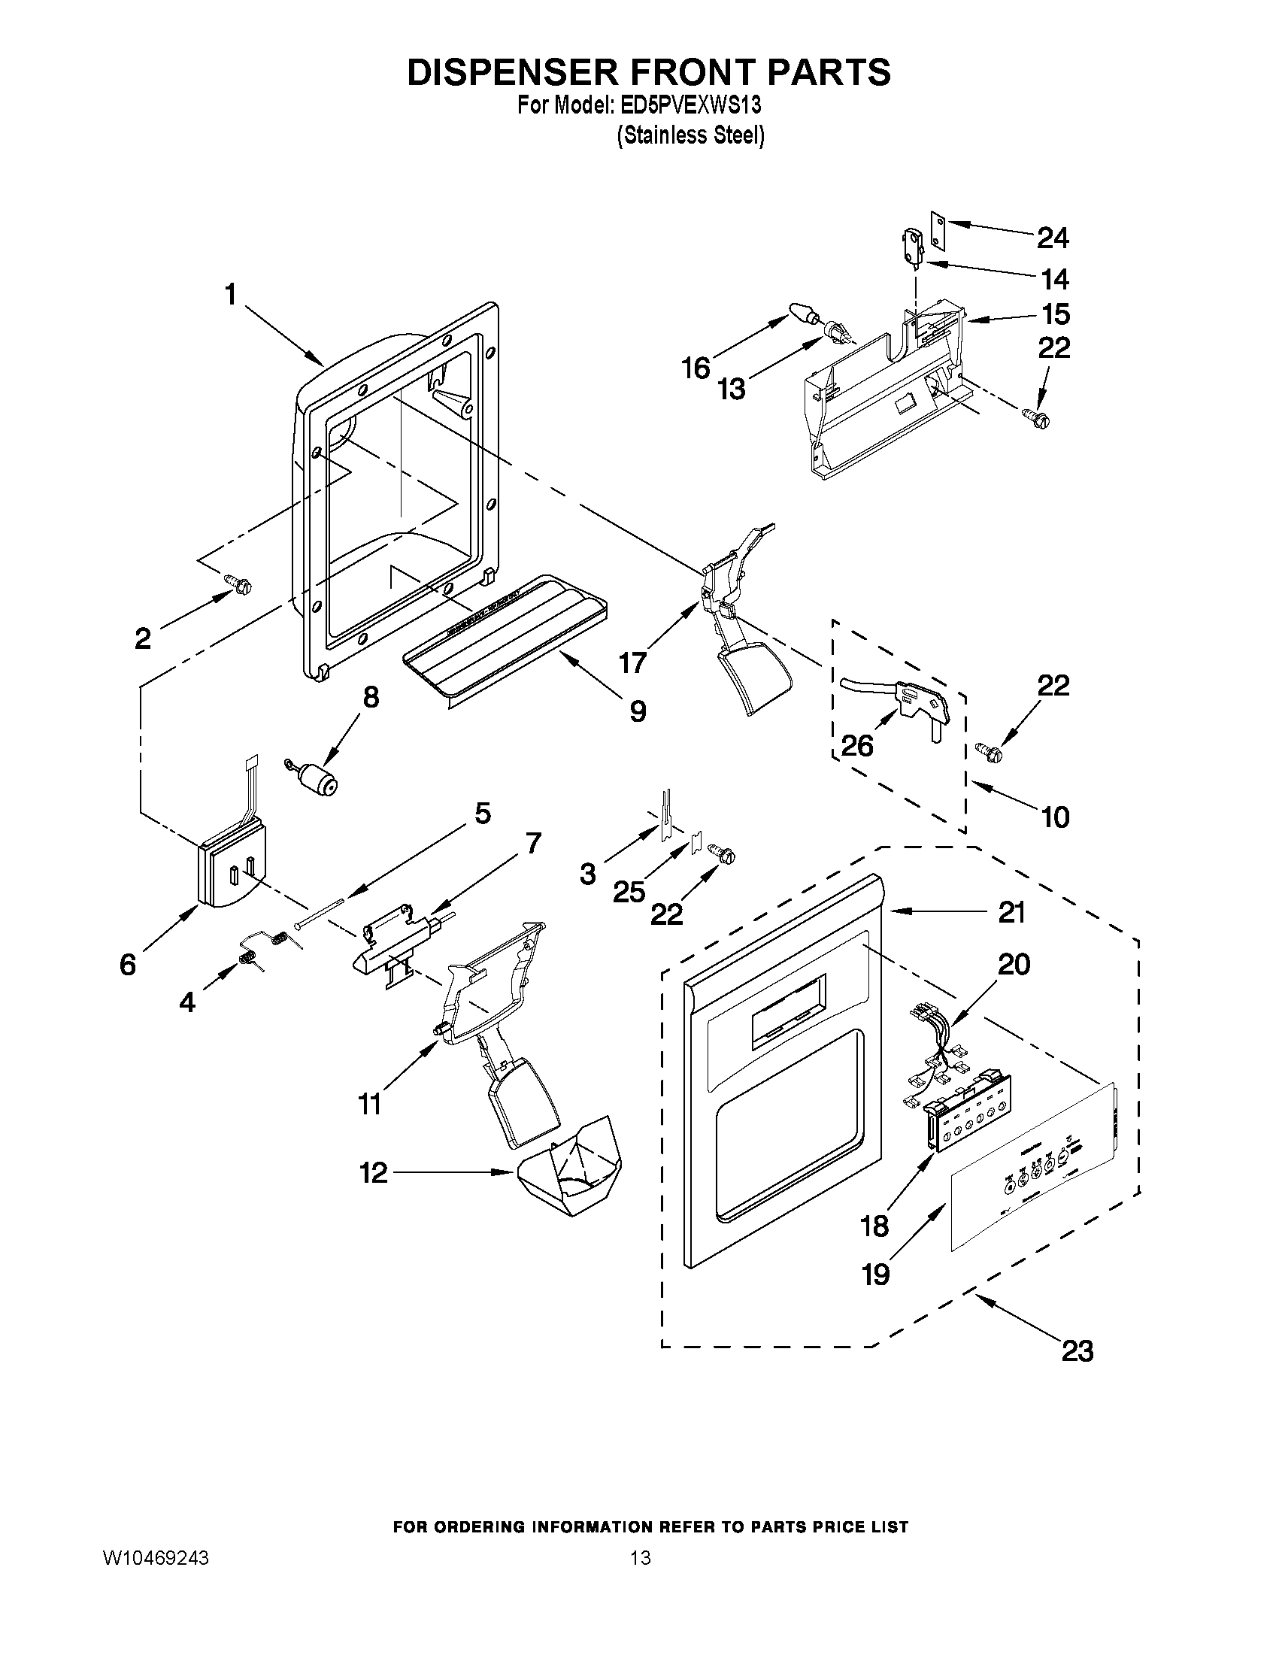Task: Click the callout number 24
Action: coord(1053,238)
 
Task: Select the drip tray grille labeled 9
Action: coord(506,632)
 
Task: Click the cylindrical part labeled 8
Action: coord(317,780)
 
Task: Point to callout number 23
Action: coord(1077,1351)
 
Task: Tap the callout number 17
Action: coord(632,662)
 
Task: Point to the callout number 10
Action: coord(1055,816)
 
